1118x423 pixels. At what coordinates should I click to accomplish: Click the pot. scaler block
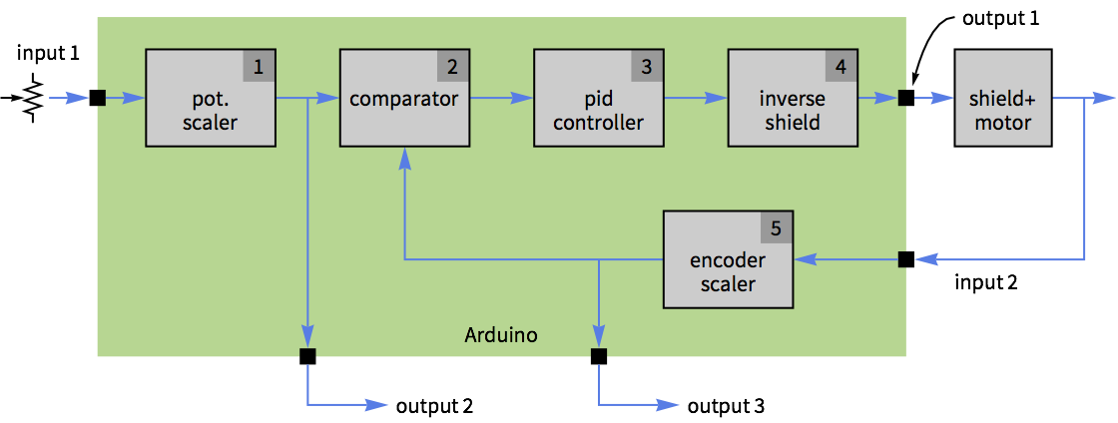pos(211,99)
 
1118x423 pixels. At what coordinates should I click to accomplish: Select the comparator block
pos(404,99)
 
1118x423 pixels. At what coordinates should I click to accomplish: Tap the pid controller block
pos(598,99)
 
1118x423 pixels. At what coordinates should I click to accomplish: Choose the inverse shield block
pos(792,99)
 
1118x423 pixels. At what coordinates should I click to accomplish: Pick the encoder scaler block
pos(729,259)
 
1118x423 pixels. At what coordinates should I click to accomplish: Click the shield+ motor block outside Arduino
pos(1002,99)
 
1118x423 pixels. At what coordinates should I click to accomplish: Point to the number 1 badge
pos(259,67)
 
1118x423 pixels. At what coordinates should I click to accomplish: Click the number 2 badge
pos(452,67)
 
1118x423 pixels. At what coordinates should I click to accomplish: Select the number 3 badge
pos(646,67)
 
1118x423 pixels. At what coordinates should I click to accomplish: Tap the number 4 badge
pos(839,67)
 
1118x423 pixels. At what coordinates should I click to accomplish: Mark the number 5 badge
pos(776,227)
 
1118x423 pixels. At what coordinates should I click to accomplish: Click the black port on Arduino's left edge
pos(101,98)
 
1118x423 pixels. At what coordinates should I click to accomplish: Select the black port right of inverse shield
pos(902,98)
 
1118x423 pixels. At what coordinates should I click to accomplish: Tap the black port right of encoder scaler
pos(902,259)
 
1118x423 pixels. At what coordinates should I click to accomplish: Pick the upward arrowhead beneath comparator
pos(403,158)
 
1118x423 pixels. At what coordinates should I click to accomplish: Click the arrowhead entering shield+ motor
pos(943,98)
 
